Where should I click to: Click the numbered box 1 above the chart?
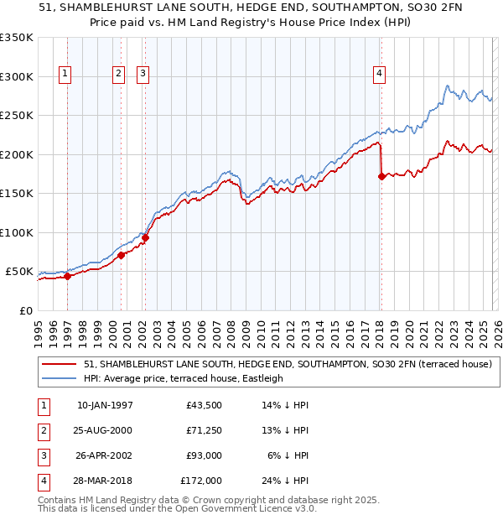(65, 74)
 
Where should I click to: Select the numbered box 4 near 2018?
(380, 74)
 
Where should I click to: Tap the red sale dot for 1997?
(67, 277)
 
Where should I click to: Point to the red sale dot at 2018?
(381, 176)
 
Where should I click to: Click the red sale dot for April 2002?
(145, 238)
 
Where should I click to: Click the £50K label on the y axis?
(19, 272)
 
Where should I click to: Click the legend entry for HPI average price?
(184, 378)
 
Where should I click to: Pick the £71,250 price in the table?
(204, 430)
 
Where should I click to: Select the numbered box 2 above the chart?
(118, 74)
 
